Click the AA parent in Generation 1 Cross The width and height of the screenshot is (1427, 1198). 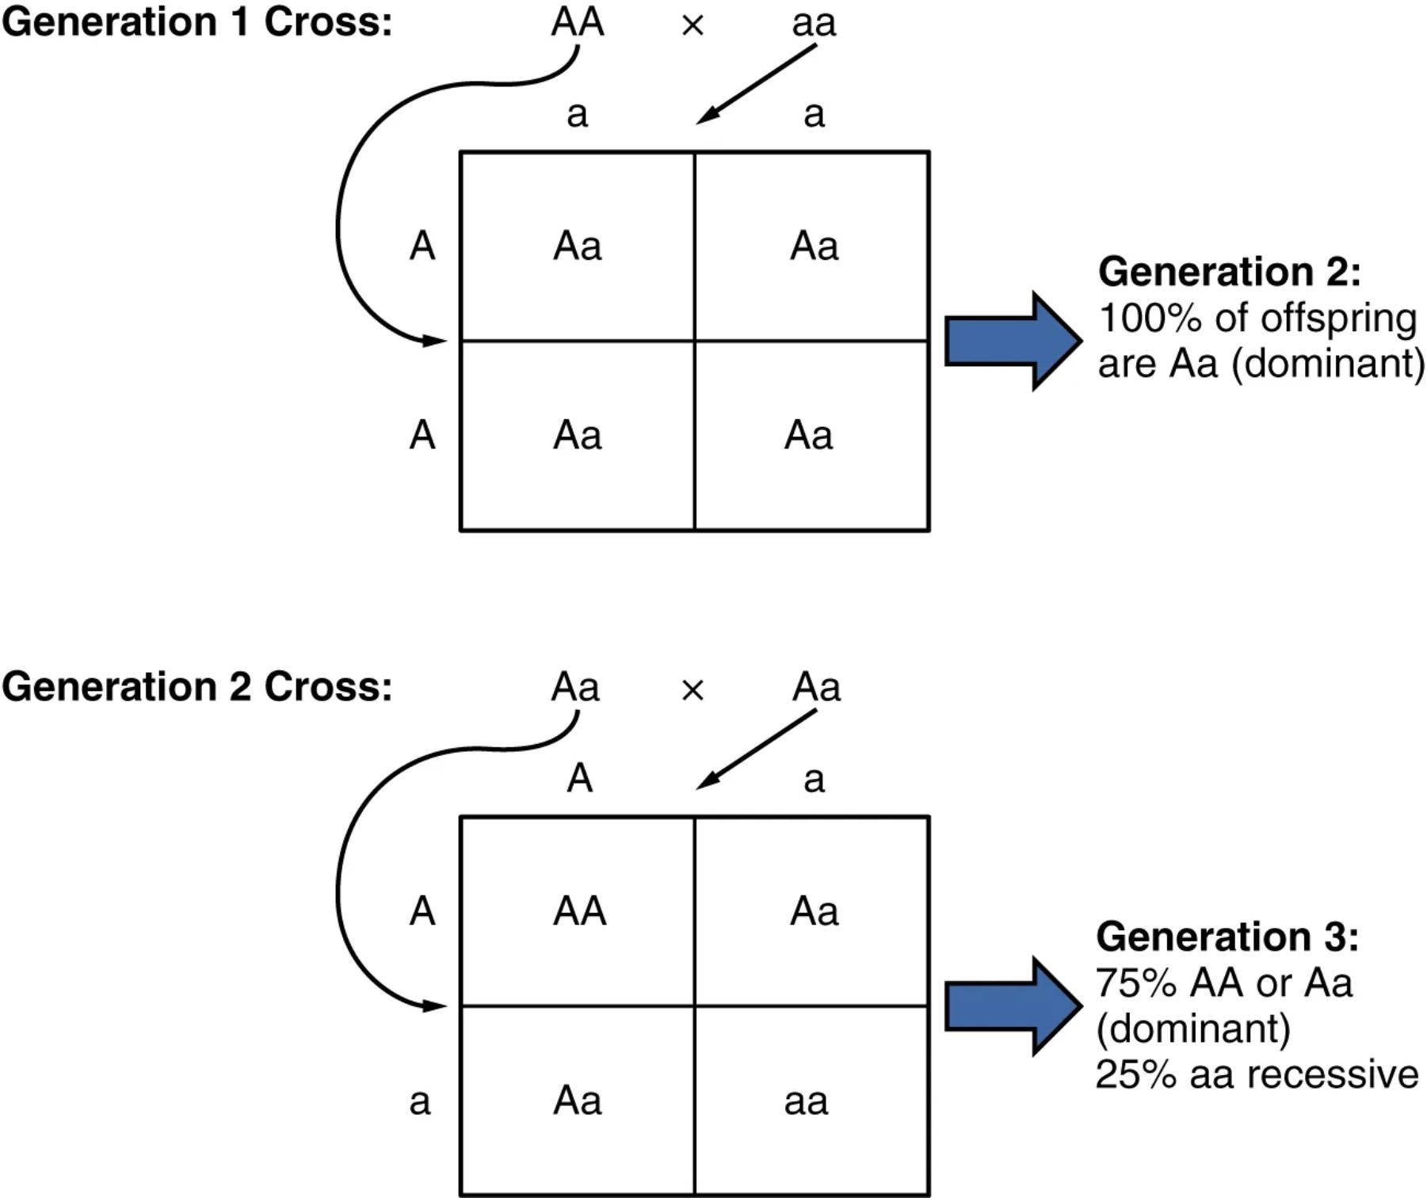coord(578,22)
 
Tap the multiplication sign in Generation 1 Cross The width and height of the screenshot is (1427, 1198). coord(693,26)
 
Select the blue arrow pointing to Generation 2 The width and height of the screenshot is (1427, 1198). coord(1012,341)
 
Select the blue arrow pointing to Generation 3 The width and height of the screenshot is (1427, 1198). coord(1012,1006)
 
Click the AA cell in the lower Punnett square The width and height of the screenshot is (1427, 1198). coord(579,911)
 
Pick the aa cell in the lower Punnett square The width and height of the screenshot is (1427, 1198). coord(806,1101)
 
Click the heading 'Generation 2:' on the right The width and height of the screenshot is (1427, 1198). coord(1229,272)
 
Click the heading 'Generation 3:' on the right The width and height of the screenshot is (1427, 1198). coord(1227,937)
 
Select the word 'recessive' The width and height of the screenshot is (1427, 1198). coord(1333,1075)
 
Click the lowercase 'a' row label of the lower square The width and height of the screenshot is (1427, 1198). coord(420,1101)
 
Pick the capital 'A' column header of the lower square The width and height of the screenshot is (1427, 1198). coord(579,778)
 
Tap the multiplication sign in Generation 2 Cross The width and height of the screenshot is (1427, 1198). coord(693,691)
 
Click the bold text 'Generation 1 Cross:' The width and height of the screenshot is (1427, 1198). coord(196,22)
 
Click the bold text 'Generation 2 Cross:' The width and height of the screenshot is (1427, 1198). coord(196,686)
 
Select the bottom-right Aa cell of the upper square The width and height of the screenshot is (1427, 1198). coord(808,436)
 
